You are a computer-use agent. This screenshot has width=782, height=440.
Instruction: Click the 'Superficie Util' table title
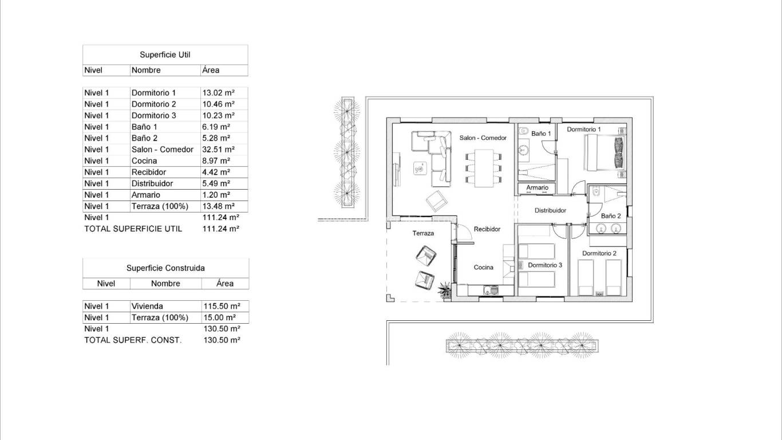coord(165,55)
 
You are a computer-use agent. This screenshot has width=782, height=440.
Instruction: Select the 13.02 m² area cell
coord(218,93)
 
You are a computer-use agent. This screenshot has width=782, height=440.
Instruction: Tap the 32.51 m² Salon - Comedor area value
coord(218,150)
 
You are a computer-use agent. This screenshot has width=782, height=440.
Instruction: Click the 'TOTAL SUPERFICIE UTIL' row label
coord(133,229)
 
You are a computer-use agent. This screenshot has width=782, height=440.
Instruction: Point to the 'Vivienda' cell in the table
coord(147,306)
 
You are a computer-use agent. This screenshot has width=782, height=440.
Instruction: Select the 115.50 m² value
coord(222,306)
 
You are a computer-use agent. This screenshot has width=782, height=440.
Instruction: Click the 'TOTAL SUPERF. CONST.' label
coord(133,340)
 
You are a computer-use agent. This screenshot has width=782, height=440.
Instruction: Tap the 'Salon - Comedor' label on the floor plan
coord(483,138)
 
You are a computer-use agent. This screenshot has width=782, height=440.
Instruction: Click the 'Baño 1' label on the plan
coord(541,133)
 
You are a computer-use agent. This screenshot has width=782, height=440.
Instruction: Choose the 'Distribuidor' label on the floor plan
coord(550,210)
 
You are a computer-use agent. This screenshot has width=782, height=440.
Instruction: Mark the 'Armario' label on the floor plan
coord(537,188)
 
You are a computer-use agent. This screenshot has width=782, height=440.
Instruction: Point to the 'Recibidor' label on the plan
coord(487,229)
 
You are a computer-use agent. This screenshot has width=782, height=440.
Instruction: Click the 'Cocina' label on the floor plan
coord(484,268)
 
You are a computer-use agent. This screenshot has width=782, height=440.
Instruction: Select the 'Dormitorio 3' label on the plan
coord(545,265)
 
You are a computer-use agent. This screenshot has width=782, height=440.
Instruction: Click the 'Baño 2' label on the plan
coord(611,216)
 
